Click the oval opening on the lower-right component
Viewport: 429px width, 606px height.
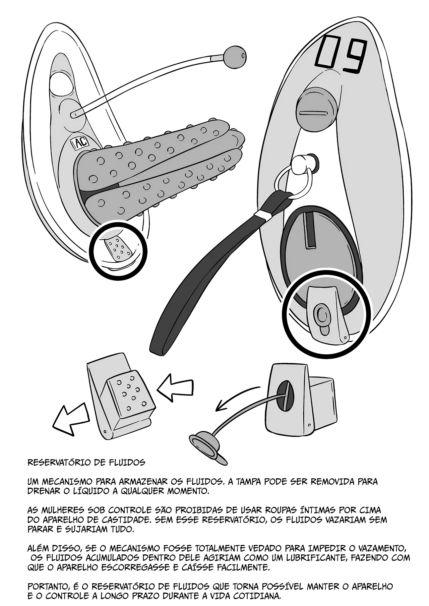[x=285, y=396]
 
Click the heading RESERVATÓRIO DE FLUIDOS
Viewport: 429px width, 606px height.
[x=86, y=463]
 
